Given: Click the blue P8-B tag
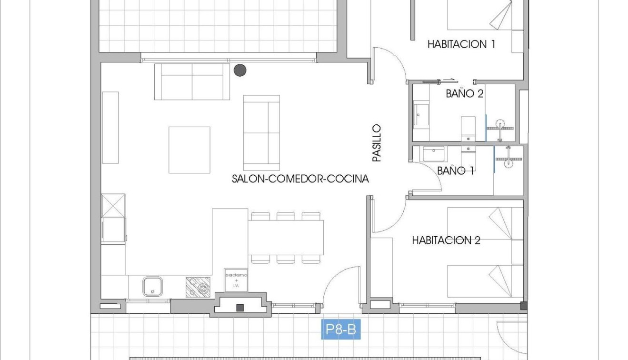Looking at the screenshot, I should coord(341,330).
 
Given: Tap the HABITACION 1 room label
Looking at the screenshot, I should coord(461,44).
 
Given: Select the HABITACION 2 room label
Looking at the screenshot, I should coord(446,240).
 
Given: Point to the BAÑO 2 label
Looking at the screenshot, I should coord(464,93).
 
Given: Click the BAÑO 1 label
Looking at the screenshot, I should coord(455,170).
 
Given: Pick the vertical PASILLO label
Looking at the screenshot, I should coord(377,143).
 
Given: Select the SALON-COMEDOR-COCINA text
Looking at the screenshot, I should coord(300,179).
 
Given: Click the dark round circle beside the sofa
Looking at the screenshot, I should coord(240,70).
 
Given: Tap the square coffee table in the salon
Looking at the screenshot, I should coord(189,150).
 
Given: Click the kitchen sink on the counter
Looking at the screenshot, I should coord(153,286).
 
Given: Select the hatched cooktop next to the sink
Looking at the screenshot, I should coord(198,287).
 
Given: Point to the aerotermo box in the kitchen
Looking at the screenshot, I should coord(236,280).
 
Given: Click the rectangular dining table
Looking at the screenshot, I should coord(286,237).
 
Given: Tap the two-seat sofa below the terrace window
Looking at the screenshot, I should coord(192,81).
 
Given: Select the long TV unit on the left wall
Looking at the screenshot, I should coord(110,127).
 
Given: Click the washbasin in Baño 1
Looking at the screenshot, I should coord(433,154).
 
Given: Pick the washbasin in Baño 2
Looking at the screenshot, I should coord(421,114).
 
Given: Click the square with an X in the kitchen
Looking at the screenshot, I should coord(113,205).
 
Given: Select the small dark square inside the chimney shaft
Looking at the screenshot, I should coord(240,308).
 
